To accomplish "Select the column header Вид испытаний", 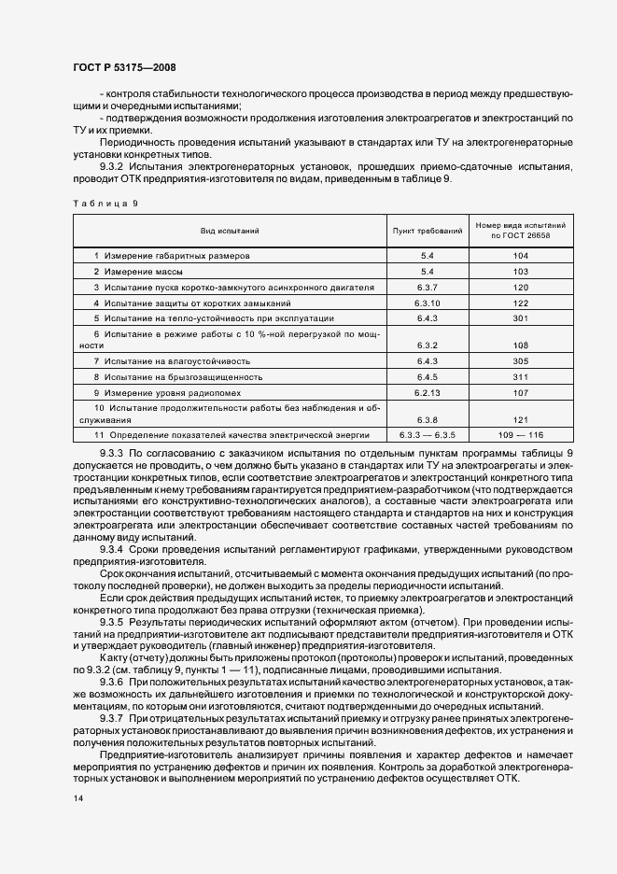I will (229, 230).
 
